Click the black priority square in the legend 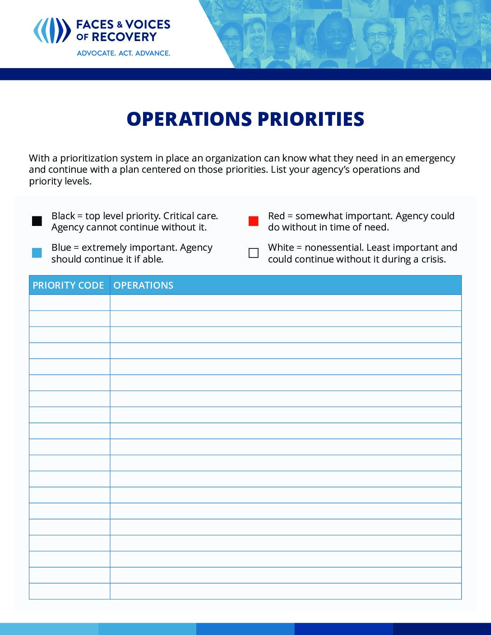click(37, 221)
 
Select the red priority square click(254, 221)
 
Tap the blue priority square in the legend click(37, 253)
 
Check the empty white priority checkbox click(254, 253)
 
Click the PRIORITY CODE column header click(69, 285)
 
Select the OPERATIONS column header click(144, 285)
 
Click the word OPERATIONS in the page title click(189, 119)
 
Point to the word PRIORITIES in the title click(311, 119)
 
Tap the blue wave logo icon click(52, 31)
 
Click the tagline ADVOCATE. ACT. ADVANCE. click(123, 53)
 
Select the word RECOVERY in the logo click(124, 37)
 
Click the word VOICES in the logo click(148, 24)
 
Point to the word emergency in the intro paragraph click(430, 158)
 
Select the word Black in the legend click(63, 216)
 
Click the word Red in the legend click(276, 216)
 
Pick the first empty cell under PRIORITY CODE click(69, 303)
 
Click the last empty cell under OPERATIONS click(285, 591)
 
